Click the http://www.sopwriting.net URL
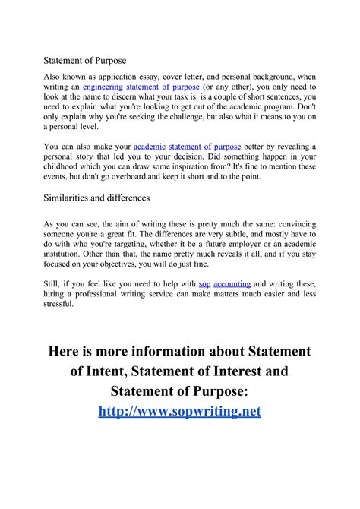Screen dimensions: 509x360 (180, 411)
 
